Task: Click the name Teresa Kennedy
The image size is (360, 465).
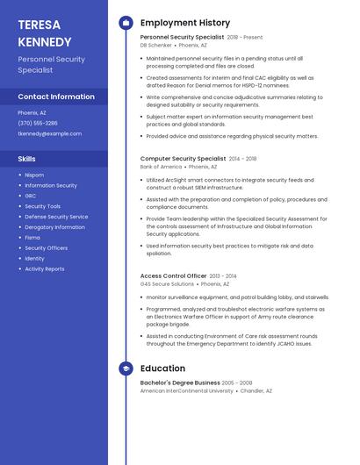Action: [45, 33]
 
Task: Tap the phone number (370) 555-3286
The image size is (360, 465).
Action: [38, 123]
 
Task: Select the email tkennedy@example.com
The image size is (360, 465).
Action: [49, 133]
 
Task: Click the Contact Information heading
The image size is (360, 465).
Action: [56, 97]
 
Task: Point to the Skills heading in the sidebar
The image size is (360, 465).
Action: [27, 159]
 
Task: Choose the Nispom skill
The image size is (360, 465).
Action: [34, 175]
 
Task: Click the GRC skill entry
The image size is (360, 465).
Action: [30, 196]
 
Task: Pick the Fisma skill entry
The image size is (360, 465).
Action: [32, 238]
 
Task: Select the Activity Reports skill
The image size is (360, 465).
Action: [44, 269]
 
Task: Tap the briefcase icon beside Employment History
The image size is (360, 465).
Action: [126, 23]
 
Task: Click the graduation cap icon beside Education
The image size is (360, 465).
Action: [126, 369]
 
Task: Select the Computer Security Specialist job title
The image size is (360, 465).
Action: [183, 159]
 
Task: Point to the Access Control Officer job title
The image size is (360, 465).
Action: [173, 275]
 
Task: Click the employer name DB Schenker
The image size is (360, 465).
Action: [156, 46]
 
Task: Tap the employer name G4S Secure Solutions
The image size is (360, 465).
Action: [167, 284]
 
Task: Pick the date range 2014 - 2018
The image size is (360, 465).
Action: [243, 159]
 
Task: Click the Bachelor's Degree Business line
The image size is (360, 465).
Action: [180, 383]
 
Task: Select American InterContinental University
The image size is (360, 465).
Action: [187, 391]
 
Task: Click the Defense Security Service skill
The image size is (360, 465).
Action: [56, 217]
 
